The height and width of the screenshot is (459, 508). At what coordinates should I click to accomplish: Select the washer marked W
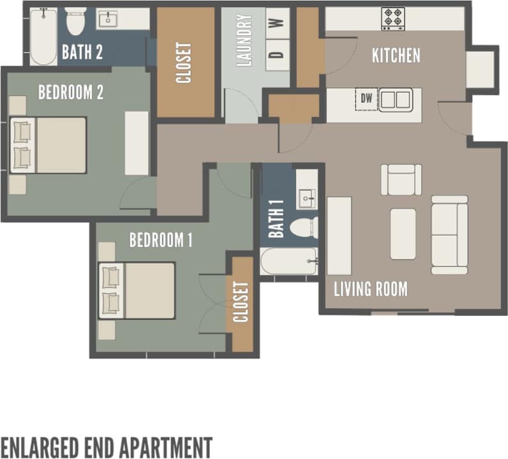[276, 24]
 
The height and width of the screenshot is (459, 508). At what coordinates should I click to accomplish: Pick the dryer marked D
[276, 54]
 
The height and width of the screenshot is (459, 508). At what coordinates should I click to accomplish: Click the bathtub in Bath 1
[288, 261]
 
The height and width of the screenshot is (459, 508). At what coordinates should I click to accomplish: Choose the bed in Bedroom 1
[138, 290]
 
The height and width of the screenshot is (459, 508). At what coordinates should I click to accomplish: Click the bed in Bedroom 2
[49, 145]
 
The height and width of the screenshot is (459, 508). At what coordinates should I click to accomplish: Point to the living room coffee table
[403, 234]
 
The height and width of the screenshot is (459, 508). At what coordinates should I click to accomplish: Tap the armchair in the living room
[401, 179]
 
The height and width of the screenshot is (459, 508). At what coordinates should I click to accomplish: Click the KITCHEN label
[396, 56]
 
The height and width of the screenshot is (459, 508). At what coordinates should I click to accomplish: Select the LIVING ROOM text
[370, 289]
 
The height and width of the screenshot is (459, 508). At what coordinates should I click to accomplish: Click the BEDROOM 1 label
[161, 241]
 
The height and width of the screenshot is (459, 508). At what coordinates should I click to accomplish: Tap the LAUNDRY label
[244, 41]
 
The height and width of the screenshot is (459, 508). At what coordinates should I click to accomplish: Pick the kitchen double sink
[396, 100]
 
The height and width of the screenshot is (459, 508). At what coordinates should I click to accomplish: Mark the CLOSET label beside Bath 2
[184, 63]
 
